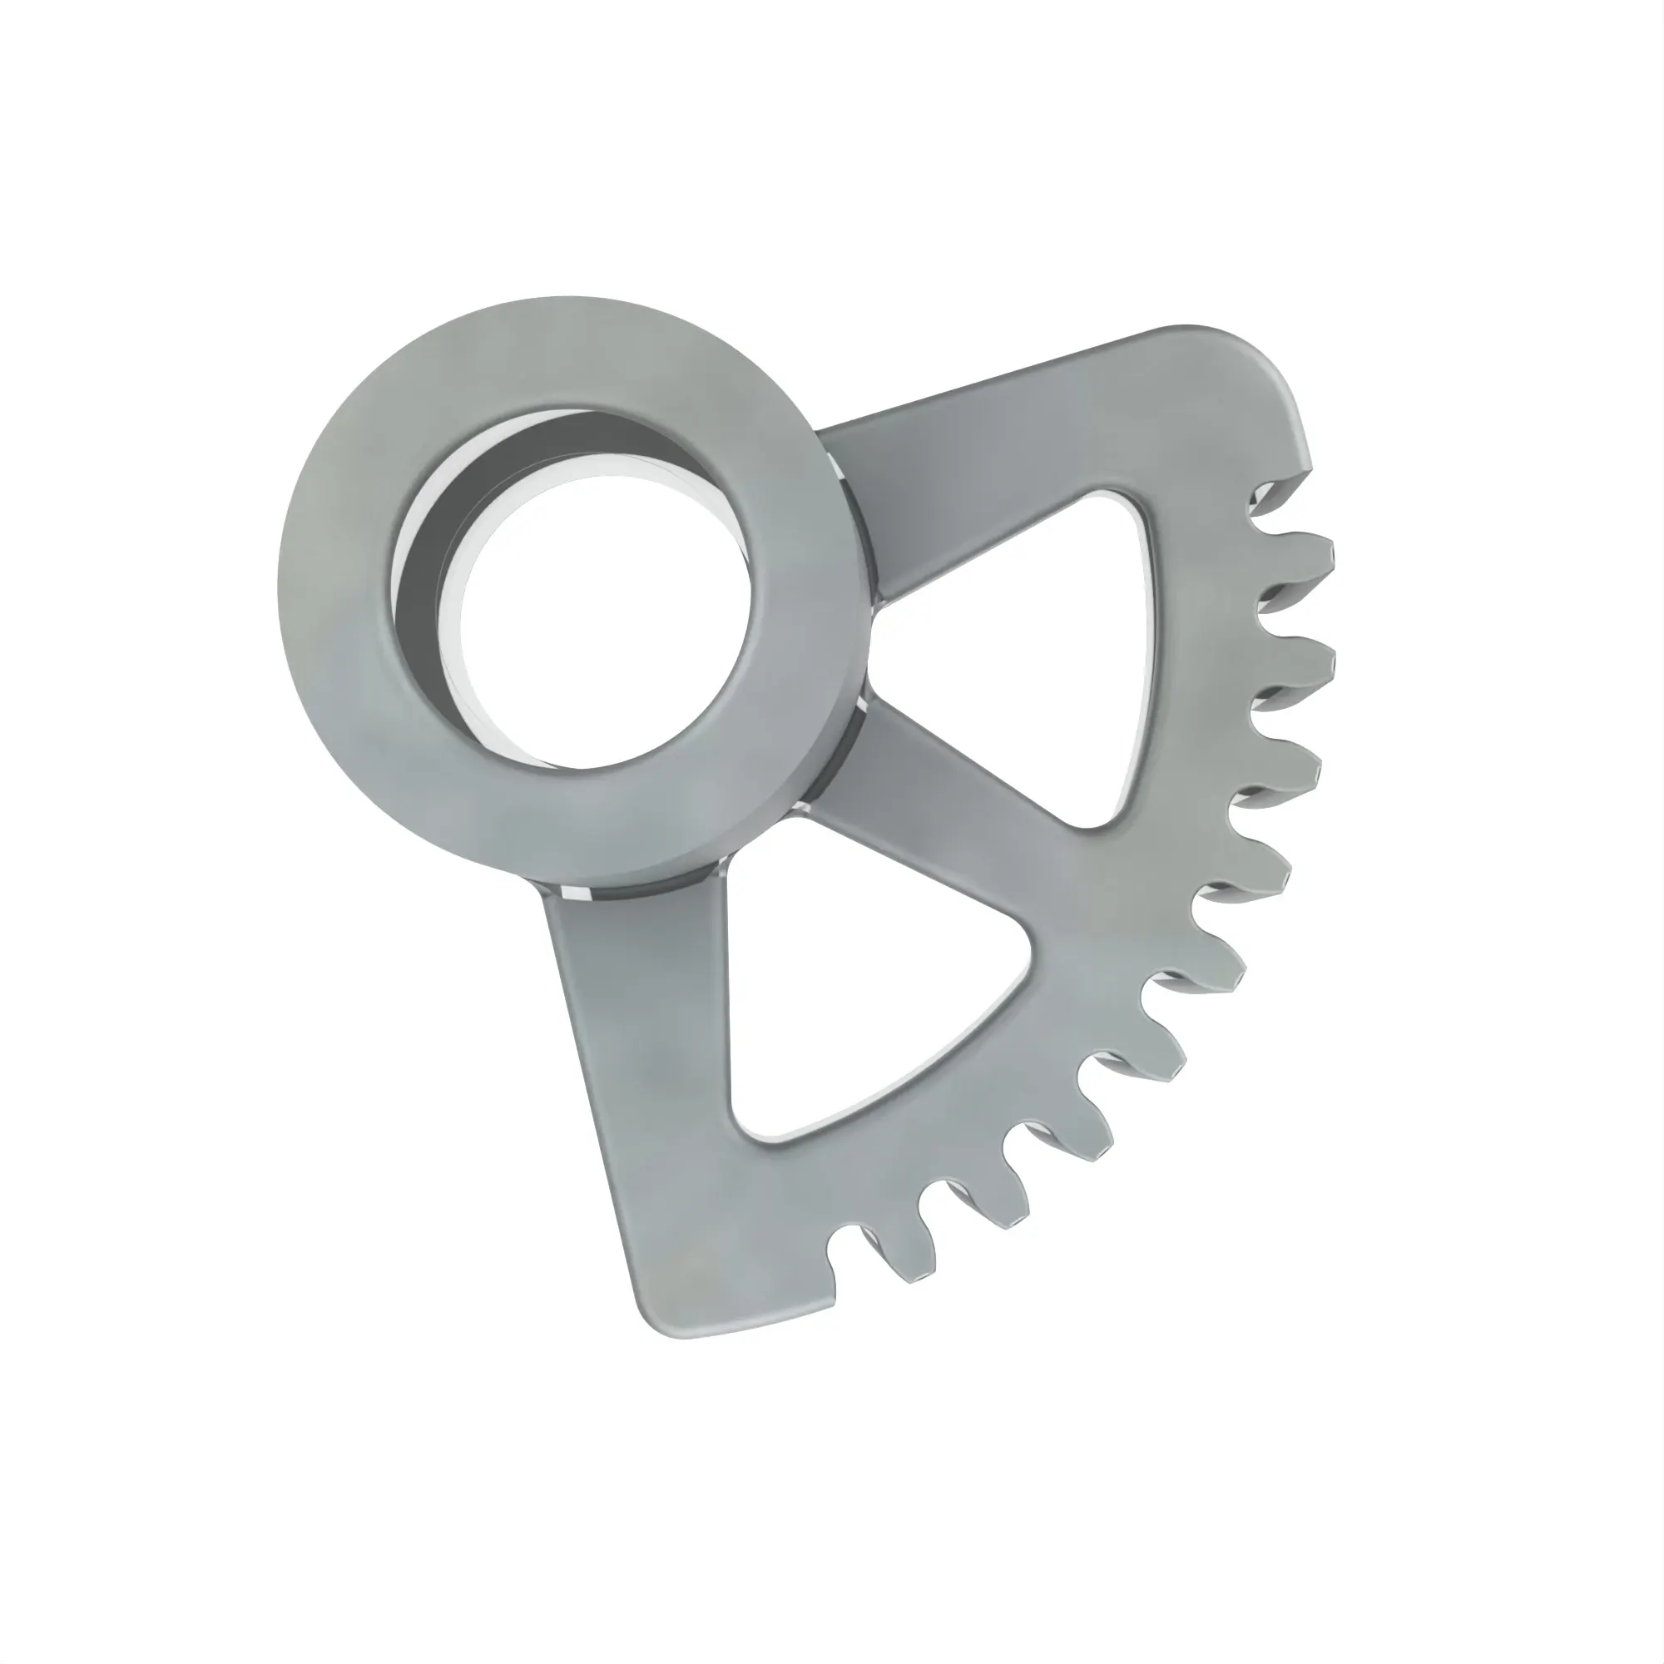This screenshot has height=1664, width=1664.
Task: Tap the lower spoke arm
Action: (620, 1077)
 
